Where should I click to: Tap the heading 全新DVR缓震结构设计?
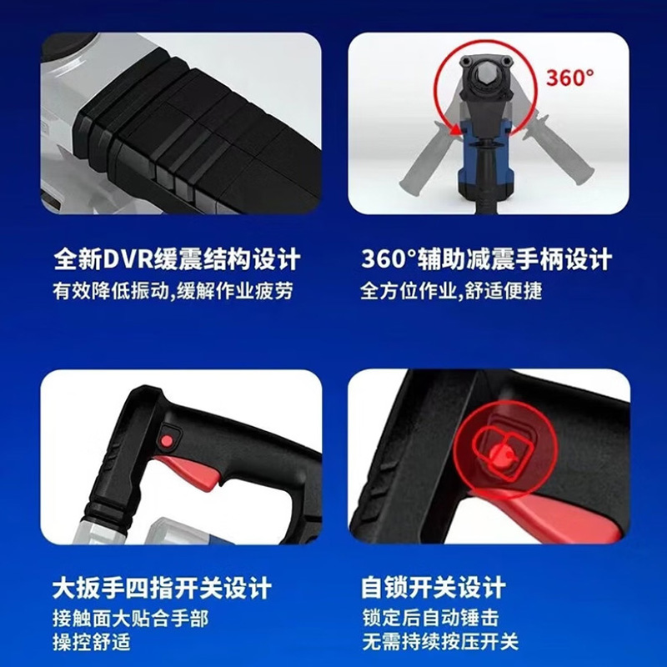click(x=176, y=258)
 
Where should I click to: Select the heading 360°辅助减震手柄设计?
click(x=487, y=258)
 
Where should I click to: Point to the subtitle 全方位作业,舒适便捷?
click(x=457, y=291)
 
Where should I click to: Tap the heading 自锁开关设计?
click(x=434, y=588)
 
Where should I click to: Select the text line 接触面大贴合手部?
click(x=130, y=619)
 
